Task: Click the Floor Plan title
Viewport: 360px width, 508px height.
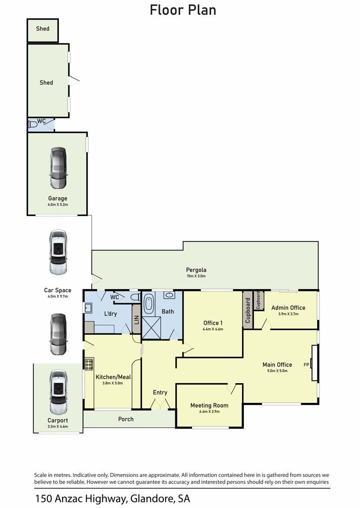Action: pyautogui.click(x=182, y=10)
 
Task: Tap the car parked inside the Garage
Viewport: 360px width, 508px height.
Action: pyautogui.click(x=58, y=168)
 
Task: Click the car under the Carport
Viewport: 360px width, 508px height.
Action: pyautogui.click(x=58, y=392)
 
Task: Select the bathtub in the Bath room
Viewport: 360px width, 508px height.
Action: pyautogui.click(x=148, y=304)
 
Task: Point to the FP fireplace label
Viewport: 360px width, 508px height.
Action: pyautogui.click(x=306, y=365)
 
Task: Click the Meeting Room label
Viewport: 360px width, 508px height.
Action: pyautogui.click(x=209, y=405)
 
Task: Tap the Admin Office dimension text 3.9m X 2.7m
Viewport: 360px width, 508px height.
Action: pyautogui.click(x=288, y=314)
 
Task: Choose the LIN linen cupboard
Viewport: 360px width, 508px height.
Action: pyautogui.click(x=137, y=319)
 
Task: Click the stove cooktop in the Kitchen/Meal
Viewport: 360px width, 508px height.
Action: pyautogui.click(x=89, y=364)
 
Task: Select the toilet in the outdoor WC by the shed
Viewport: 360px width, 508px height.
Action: pyautogui.click(x=33, y=124)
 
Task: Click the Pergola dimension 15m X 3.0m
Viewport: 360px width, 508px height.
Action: pyautogui.click(x=196, y=276)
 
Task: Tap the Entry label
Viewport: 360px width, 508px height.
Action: pyautogui.click(x=160, y=393)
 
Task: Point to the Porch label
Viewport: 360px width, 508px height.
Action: pyautogui.click(x=126, y=419)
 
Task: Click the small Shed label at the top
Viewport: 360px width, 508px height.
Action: pyautogui.click(x=43, y=29)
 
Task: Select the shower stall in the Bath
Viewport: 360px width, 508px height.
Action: pyautogui.click(x=151, y=328)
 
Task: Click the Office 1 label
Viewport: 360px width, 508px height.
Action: pyautogui.click(x=213, y=323)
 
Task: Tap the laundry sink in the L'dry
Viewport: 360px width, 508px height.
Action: pyautogui.click(x=88, y=307)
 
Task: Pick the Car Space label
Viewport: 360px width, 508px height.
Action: pyautogui.click(x=58, y=290)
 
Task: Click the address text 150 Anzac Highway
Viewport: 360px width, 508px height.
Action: pyautogui.click(x=81, y=498)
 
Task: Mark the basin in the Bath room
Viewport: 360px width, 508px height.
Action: pyautogui.click(x=169, y=295)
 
